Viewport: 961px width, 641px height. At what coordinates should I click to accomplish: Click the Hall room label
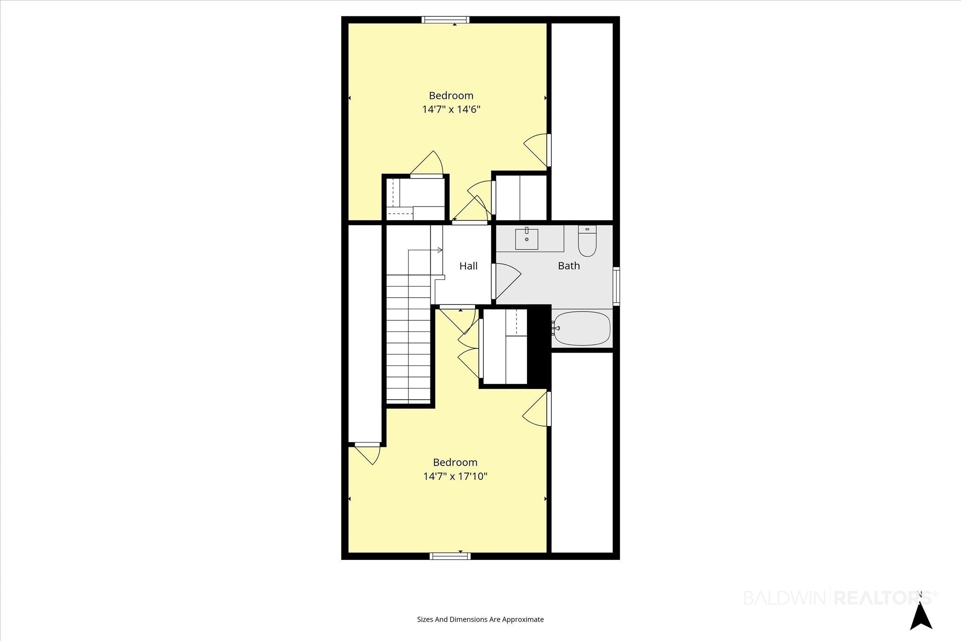pos(468,266)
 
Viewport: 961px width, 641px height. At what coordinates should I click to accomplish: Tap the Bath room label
pos(569,266)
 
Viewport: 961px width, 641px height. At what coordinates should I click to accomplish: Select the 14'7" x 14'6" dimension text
pos(451,109)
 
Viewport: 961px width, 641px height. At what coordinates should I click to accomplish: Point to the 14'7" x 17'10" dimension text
pos(455,476)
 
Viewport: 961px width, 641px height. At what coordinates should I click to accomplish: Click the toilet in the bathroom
pos(587,241)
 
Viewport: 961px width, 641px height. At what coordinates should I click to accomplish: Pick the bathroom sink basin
pos(526,239)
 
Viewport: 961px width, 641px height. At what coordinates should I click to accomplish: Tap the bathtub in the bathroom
pos(582,328)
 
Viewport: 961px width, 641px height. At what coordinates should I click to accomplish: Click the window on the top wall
pos(445,20)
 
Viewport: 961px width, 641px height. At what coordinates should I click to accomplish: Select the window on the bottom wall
pos(450,556)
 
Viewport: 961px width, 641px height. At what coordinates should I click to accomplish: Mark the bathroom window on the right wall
pos(616,286)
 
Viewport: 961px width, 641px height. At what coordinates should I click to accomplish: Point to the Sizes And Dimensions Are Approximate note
pos(480,619)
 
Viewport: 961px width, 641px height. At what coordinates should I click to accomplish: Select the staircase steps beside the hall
pos(408,338)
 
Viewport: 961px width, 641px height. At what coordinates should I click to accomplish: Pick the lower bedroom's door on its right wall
pos(537,409)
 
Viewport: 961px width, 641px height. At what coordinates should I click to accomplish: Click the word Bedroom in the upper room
pos(451,96)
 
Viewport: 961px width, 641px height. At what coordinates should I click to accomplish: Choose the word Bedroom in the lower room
pos(455,462)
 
